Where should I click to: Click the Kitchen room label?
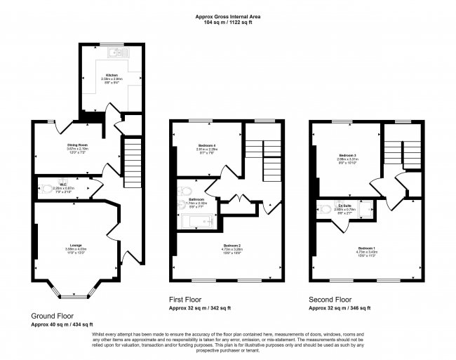[112, 74]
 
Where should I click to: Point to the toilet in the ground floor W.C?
[46, 187]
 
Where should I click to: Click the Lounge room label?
[75, 246]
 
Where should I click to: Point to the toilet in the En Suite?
[326, 208]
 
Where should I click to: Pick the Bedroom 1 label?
[367, 248]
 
